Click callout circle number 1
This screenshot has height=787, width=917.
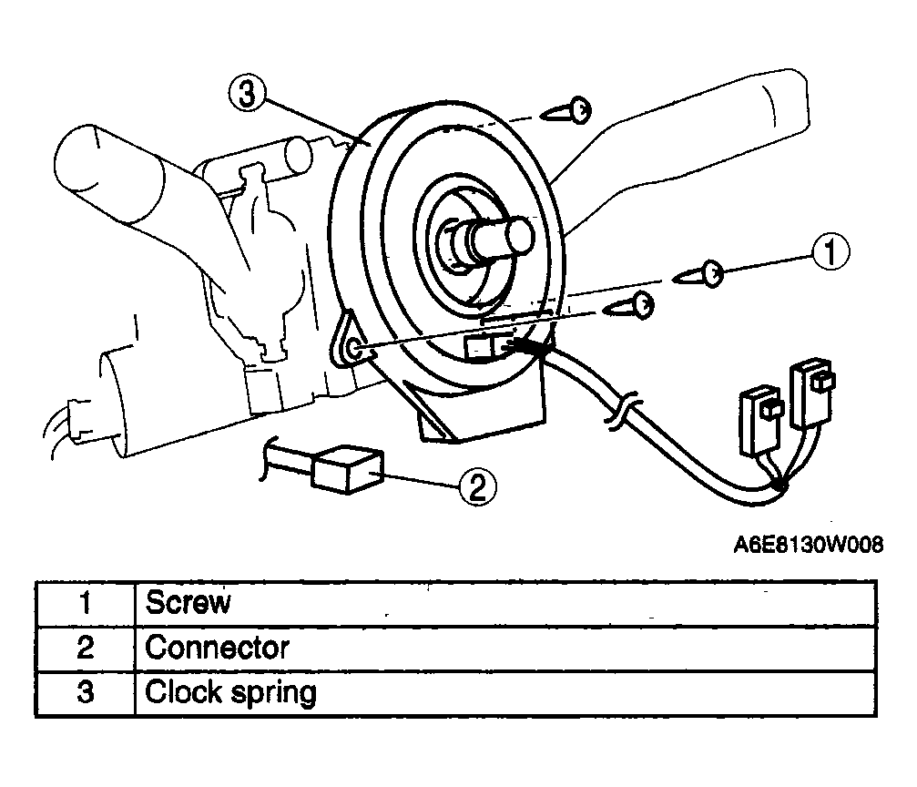click(830, 252)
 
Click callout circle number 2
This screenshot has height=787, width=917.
click(478, 486)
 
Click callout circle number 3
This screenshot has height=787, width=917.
click(247, 94)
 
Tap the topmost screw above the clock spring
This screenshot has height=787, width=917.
click(567, 110)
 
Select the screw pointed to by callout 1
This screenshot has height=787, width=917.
click(698, 274)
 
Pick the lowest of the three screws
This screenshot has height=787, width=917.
click(629, 306)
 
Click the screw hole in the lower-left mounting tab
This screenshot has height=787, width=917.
click(354, 349)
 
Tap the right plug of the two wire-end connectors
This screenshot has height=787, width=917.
click(811, 393)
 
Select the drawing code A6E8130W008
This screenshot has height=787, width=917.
click(809, 545)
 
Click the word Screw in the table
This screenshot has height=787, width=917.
click(188, 602)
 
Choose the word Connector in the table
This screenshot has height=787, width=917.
click(217, 648)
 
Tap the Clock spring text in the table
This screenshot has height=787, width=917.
click(230, 692)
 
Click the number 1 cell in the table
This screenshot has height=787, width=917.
click(86, 603)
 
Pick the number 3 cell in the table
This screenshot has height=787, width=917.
click(86, 693)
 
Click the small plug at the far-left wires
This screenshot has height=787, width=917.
click(78, 418)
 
